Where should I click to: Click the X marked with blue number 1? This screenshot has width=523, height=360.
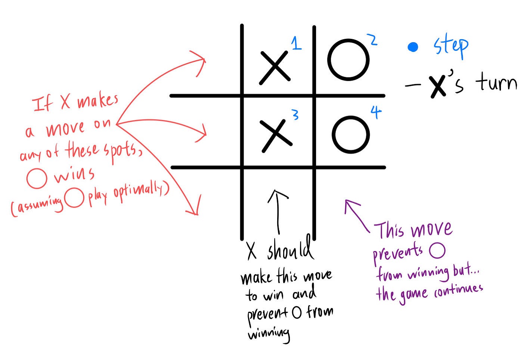coord(275,66)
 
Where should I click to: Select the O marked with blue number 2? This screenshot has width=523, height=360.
coord(348,60)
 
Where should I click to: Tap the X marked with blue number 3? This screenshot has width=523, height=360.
coord(276,136)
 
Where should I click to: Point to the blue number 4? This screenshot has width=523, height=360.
coord(376,112)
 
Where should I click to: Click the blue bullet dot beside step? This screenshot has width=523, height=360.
coord(413,47)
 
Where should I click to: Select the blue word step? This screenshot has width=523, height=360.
coord(451,46)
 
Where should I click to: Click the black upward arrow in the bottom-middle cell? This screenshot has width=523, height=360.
coord(278,211)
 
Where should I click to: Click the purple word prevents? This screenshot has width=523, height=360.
coord(398,254)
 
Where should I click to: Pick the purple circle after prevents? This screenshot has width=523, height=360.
coord(437,251)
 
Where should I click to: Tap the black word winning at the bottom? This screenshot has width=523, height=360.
coord(269,333)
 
